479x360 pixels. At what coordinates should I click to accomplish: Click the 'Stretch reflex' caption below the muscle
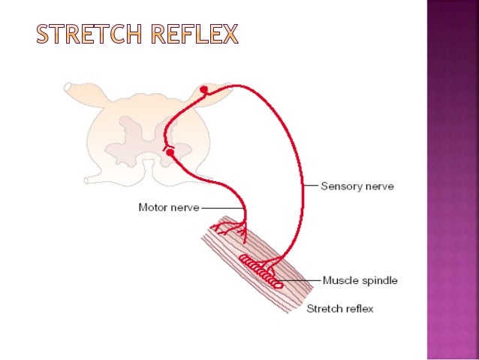(x=339, y=308)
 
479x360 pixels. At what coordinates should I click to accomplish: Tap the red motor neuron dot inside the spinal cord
(x=170, y=153)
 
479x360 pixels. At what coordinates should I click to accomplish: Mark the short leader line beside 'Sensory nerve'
(x=312, y=184)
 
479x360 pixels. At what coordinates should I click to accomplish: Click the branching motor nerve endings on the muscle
(x=233, y=228)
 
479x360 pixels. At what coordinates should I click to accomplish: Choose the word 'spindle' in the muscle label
(x=379, y=281)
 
